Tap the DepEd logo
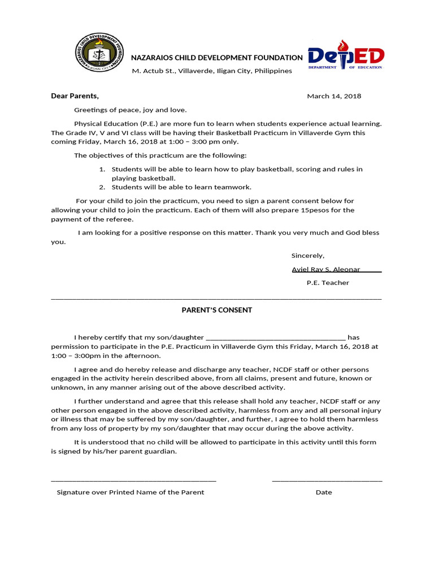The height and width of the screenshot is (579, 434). tap(346, 55)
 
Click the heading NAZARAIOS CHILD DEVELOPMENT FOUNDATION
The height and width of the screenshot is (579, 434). tap(217, 58)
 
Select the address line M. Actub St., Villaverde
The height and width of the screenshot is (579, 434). tap(212, 71)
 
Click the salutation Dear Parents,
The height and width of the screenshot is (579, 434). tap(75, 96)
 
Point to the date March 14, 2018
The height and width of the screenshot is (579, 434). tap(334, 96)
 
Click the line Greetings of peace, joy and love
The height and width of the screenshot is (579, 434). tap(130, 110)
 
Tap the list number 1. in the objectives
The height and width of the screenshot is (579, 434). tap(102, 169)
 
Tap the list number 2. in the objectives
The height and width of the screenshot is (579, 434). tap(102, 187)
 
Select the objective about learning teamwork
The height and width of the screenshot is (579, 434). tap(181, 187)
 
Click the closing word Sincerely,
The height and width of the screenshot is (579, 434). tap(307, 256)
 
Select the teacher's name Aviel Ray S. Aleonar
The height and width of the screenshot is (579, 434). tap(326, 269)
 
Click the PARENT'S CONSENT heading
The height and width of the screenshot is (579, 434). tap(216, 310)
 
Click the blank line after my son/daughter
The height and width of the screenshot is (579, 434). tap(276, 338)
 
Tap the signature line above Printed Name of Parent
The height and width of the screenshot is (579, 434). tap(133, 480)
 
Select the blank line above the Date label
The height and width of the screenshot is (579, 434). tap(327, 480)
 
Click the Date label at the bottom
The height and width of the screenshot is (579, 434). tap(324, 492)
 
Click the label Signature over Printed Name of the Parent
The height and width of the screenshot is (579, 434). tap(131, 492)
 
